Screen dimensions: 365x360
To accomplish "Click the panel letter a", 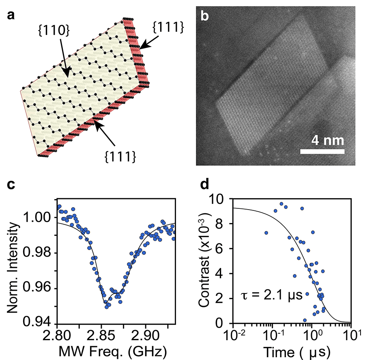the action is (11, 15).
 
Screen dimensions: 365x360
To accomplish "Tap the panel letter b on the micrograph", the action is (205, 16).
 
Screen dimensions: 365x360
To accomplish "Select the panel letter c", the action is (11, 184).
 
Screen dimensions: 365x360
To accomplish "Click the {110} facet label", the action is (54, 31).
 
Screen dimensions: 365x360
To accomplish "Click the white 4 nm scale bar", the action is (322, 152).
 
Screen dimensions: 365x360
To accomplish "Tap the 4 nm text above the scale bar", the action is (328, 140).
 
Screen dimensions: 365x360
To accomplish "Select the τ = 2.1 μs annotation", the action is (271, 295).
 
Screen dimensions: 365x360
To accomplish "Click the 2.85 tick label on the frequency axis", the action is (101, 336).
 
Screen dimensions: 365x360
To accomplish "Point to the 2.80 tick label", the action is (57, 336).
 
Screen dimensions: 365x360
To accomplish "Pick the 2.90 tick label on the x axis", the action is (146, 336).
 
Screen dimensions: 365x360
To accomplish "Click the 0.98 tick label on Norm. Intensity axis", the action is (36, 252).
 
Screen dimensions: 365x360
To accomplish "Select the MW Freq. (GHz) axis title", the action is (113, 351).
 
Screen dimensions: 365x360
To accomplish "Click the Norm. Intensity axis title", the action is (13, 268).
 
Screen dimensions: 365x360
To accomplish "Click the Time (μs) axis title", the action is (297, 352).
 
